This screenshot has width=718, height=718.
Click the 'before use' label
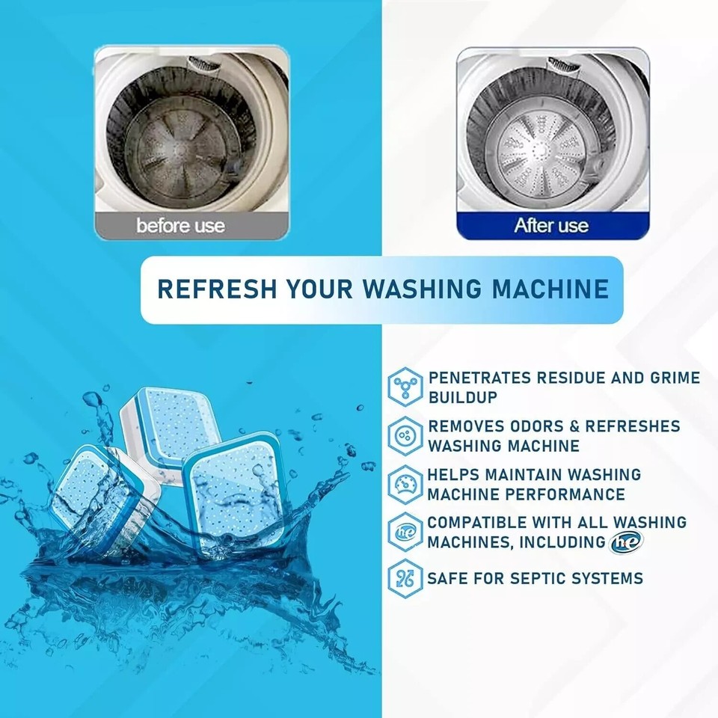(180, 225)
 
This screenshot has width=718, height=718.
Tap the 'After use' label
(551, 225)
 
